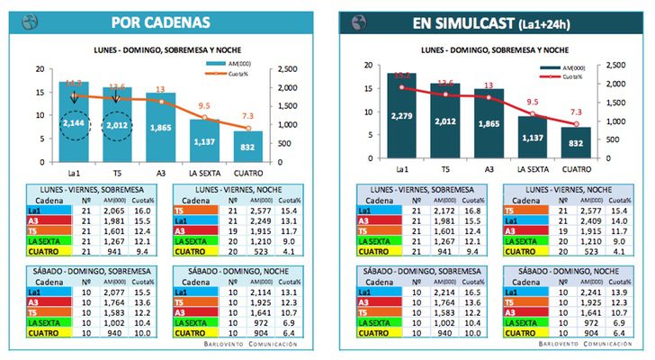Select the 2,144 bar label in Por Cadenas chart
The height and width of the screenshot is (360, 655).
(x=75, y=123)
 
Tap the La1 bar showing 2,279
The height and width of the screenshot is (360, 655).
(x=401, y=115)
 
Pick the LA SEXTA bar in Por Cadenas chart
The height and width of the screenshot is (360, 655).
(x=203, y=139)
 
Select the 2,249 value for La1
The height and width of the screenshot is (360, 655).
(x=260, y=220)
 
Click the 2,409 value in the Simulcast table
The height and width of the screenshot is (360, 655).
(x=589, y=220)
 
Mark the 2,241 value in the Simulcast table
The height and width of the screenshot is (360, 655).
(x=589, y=294)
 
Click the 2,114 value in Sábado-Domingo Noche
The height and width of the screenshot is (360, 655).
(x=260, y=294)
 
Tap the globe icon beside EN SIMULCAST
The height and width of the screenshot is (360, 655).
(x=355, y=22)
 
